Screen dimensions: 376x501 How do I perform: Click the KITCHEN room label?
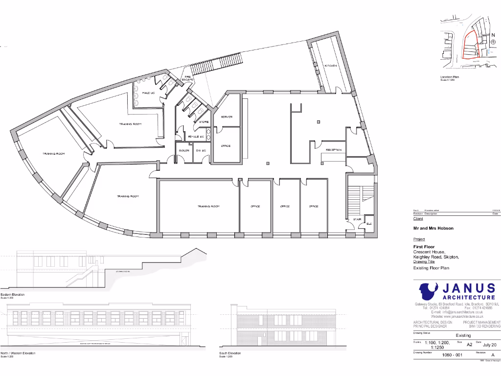tap(330, 66)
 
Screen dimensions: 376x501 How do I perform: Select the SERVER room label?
tap(226, 117)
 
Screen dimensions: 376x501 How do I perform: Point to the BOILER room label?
tap(184, 150)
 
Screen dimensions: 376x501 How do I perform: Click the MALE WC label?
tap(148, 93)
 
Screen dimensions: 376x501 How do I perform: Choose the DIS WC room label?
tap(201, 150)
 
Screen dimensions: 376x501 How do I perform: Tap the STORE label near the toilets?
tap(204, 122)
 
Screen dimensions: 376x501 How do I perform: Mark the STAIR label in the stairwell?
tap(357, 219)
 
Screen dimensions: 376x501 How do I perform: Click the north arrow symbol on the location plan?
tap(493, 42)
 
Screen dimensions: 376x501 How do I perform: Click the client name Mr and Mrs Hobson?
tap(433, 228)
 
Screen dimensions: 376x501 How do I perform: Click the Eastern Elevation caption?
tap(13, 295)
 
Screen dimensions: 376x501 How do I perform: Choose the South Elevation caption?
tap(230, 353)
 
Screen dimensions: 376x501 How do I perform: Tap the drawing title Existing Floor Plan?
tap(431, 268)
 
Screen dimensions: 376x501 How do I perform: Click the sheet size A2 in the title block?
tap(470, 345)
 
